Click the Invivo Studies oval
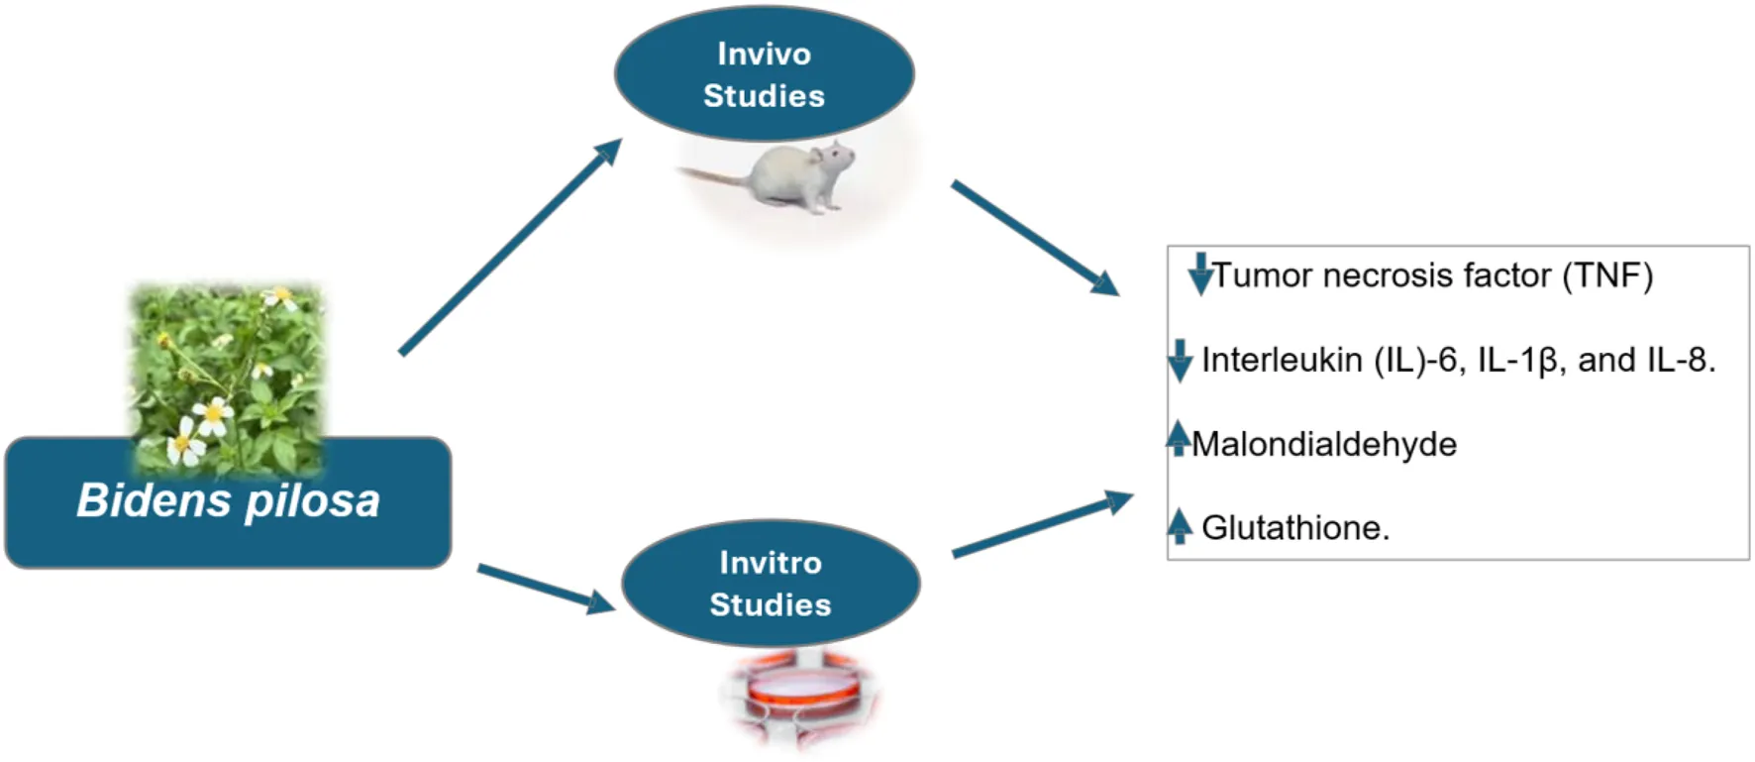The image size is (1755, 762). pyautogui.click(x=764, y=74)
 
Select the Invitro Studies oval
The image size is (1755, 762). pyautogui.click(x=770, y=584)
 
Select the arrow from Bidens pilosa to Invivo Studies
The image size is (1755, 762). pyautogui.click(x=509, y=247)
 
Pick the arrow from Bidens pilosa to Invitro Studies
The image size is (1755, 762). pyautogui.click(x=545, y=588)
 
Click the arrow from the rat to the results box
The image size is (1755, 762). pyautogui.click(x=1034, y=238)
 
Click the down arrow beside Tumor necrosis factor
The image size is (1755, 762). pyautogui.click(x=1200, y=273)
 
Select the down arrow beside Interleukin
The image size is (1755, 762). pyautogui.click(x=1179, y=360)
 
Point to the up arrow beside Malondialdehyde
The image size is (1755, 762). pyautogui.click(x=1178, y=438)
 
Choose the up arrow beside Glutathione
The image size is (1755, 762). pyautogui.click(x=1179, y=525)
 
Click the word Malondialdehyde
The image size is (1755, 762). pyautogui.click(x=1324, y=444)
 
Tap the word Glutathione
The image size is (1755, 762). pyautogui.click(x=1294, y=528)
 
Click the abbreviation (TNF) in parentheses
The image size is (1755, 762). pyautogui.click(x=1607, y=275)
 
